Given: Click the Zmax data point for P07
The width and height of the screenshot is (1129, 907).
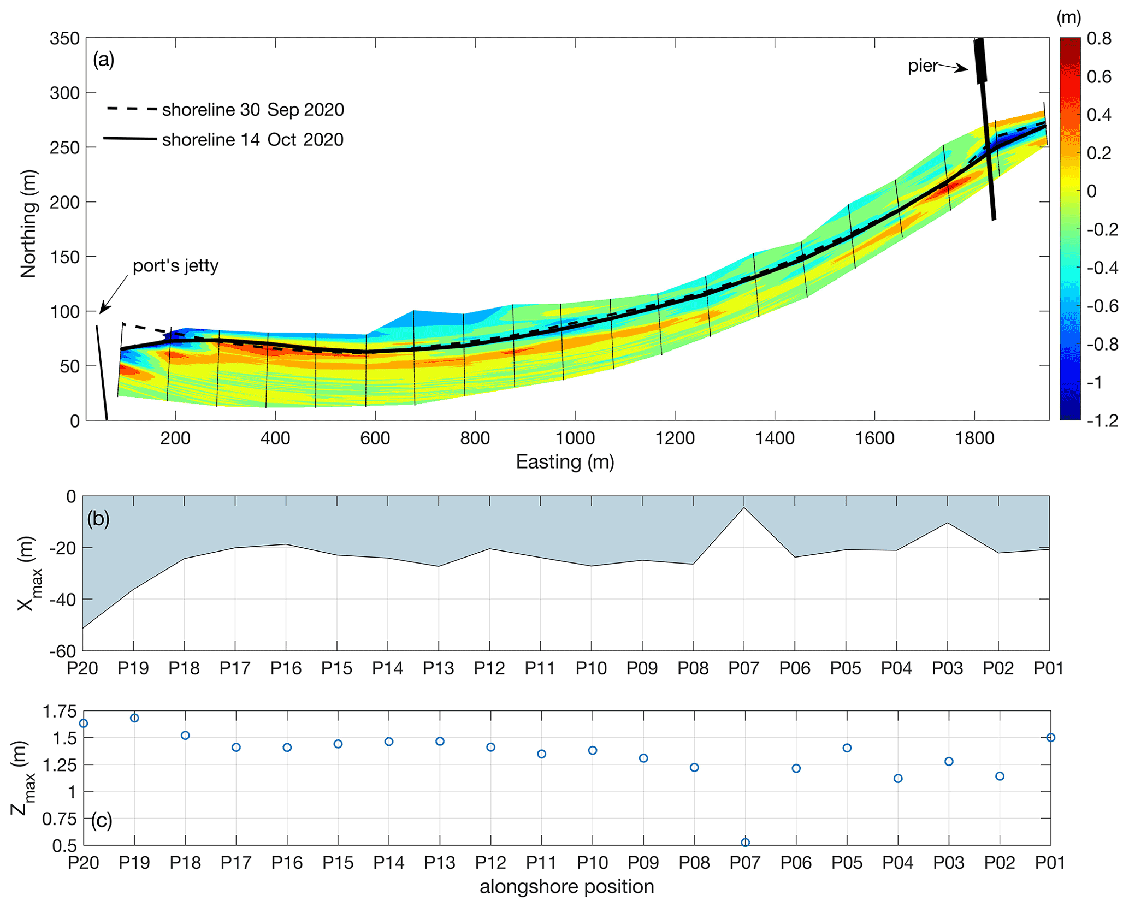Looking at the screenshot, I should [x=745, y=842].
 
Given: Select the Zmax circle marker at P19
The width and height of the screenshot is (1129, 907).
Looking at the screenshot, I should [x=134, y=718].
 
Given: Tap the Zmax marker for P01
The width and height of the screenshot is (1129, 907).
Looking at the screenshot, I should [x=1050, y=737].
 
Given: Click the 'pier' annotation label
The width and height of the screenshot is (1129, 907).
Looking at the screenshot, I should [x=923, y=66].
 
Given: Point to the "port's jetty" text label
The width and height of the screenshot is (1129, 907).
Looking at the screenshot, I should [x=175, y=266].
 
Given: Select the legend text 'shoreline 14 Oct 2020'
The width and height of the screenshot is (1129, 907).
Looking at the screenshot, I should [x=253, y=140].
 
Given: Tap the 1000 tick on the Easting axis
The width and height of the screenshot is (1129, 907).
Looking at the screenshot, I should [x=575, y=438].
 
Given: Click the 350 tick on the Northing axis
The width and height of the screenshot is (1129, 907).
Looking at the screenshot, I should [x=64, y=39].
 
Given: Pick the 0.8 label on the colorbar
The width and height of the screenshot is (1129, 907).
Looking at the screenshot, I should [x=1099, y=39].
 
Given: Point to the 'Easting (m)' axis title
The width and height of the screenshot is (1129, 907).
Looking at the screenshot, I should [x=565, y=462].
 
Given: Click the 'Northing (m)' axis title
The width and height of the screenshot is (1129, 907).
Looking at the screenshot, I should [x=28, y=224].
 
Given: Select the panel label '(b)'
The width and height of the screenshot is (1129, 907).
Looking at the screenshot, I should [x=98, y=518].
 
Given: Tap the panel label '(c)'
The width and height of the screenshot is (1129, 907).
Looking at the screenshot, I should [x=102, y=820].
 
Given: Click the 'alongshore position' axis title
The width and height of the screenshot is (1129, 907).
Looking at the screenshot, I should [x=566, y=886].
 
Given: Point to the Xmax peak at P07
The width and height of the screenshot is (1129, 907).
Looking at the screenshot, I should [x=744, y=508].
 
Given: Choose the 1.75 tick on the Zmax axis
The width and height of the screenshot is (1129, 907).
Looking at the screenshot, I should [x=60, y=712].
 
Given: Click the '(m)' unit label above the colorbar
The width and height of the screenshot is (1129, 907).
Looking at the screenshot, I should [x=1068, y=17].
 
